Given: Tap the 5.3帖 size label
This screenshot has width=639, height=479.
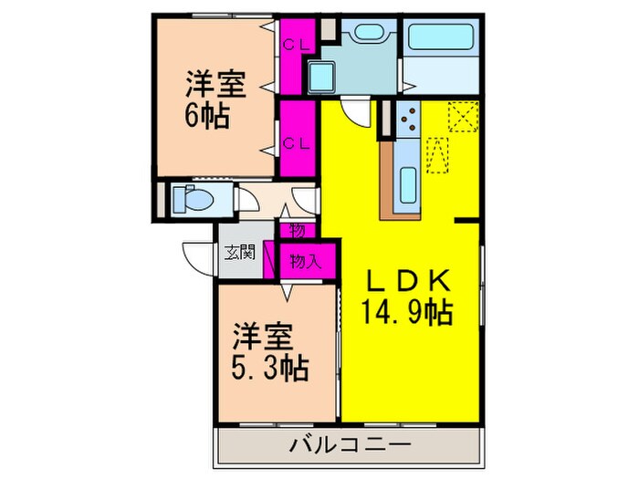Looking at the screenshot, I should tap(270, 370).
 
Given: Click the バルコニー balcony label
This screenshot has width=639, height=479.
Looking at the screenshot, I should tap(349, 447).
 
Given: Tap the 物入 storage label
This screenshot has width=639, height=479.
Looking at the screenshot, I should tap(305, 262).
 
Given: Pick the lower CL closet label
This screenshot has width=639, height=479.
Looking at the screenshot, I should tap(294, 142).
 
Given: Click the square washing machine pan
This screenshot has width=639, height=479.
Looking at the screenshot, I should tap(322, 75).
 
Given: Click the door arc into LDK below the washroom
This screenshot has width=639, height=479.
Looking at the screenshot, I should tap(356, 115).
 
